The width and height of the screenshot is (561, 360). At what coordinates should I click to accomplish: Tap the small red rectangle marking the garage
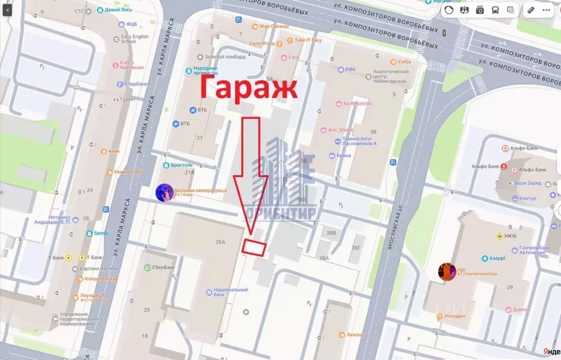point(254,248)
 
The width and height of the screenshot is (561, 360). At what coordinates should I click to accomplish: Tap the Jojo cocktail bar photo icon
point(447,271)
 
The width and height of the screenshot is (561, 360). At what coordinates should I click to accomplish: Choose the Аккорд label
point(355,334)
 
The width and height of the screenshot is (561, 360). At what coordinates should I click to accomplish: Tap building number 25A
point(221,242)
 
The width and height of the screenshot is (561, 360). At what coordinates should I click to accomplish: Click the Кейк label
point(114,151)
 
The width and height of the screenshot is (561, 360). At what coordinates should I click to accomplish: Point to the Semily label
point(101,233)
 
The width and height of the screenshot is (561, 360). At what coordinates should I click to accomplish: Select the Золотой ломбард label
point(219,57)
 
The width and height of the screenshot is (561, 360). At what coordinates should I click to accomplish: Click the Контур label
point(528,198)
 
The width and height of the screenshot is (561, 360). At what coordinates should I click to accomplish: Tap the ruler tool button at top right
point(531,10)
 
